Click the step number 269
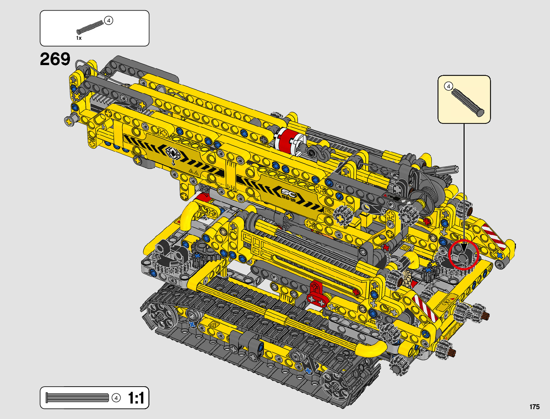click(x=55, y=59)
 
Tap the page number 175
click(x=535, y=407)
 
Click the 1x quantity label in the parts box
click(x=79, y=38)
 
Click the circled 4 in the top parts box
click(x=109, y=20)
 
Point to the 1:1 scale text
click(x=136, y=398)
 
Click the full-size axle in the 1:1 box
click(x=77, y=398)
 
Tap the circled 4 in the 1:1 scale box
click(x=116, y=398)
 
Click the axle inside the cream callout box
click(x=467, y=103)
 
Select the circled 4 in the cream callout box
click(x=448, y=86)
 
